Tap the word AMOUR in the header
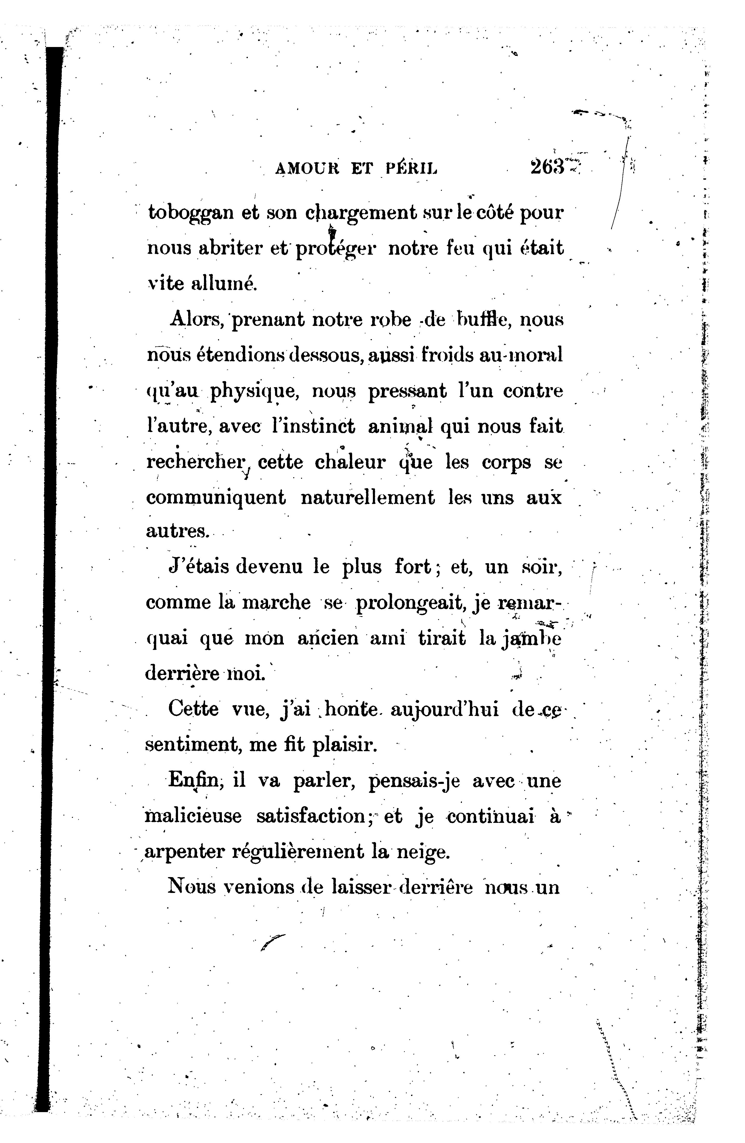point(307,168)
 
